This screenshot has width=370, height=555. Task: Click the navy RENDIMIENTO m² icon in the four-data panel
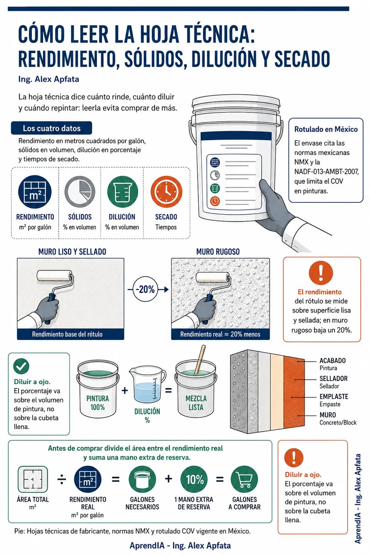point(35,192)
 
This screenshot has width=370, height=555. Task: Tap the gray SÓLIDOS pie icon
point(80,192)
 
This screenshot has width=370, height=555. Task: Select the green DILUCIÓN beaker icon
point(122,192)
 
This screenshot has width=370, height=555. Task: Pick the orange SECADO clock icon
point(166,192)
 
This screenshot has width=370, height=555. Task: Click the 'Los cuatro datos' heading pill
point(51,128)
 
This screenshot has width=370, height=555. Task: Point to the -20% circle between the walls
point(145,289)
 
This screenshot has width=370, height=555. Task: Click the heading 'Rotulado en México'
point(326,129)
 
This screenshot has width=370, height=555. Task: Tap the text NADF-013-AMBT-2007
point(327,171)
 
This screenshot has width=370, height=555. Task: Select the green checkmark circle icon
point(21,366)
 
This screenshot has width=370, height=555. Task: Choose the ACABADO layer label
point(332,360)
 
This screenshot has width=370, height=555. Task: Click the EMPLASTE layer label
point(334,396)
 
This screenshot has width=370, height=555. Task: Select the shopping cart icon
point(244,480)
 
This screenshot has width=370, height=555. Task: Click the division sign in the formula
point(62,480)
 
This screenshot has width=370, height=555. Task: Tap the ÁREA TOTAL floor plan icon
point(33,479)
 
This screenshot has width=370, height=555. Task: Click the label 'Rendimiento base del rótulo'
point(67,334)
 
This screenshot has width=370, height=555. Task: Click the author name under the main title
point(48,79)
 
